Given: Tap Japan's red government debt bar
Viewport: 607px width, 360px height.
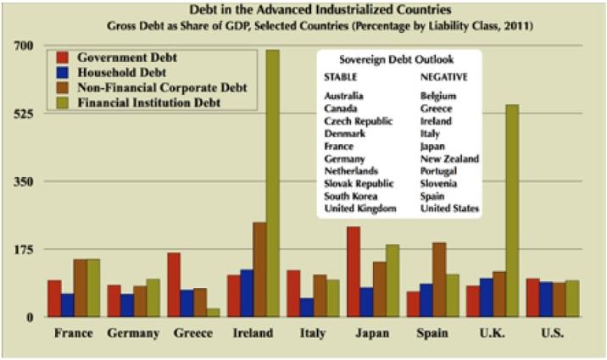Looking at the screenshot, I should tap(353, 271).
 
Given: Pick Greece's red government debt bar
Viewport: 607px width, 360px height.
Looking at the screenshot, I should tap(174, 285).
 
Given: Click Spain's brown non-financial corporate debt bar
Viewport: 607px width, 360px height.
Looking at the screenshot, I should tap(438, 280).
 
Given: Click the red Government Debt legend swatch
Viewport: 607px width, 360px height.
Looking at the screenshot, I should tap(62, 58).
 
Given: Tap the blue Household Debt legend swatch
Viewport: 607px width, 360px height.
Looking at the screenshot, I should tap(62, 73).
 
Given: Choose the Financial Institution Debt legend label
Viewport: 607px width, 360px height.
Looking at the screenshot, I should tap(149, 102).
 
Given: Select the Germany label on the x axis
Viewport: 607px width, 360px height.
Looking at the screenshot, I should tap(133, 334).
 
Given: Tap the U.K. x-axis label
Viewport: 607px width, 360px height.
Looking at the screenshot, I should tap(492, 334).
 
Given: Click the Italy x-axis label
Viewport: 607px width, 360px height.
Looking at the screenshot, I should tap(312, 334).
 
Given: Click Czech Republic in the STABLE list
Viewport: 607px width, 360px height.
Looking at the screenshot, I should tap(359, 121).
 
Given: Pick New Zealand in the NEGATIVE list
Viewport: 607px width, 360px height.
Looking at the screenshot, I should tap(449, 158).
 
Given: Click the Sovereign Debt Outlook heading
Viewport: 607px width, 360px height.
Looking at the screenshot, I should tap(396, 61).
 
